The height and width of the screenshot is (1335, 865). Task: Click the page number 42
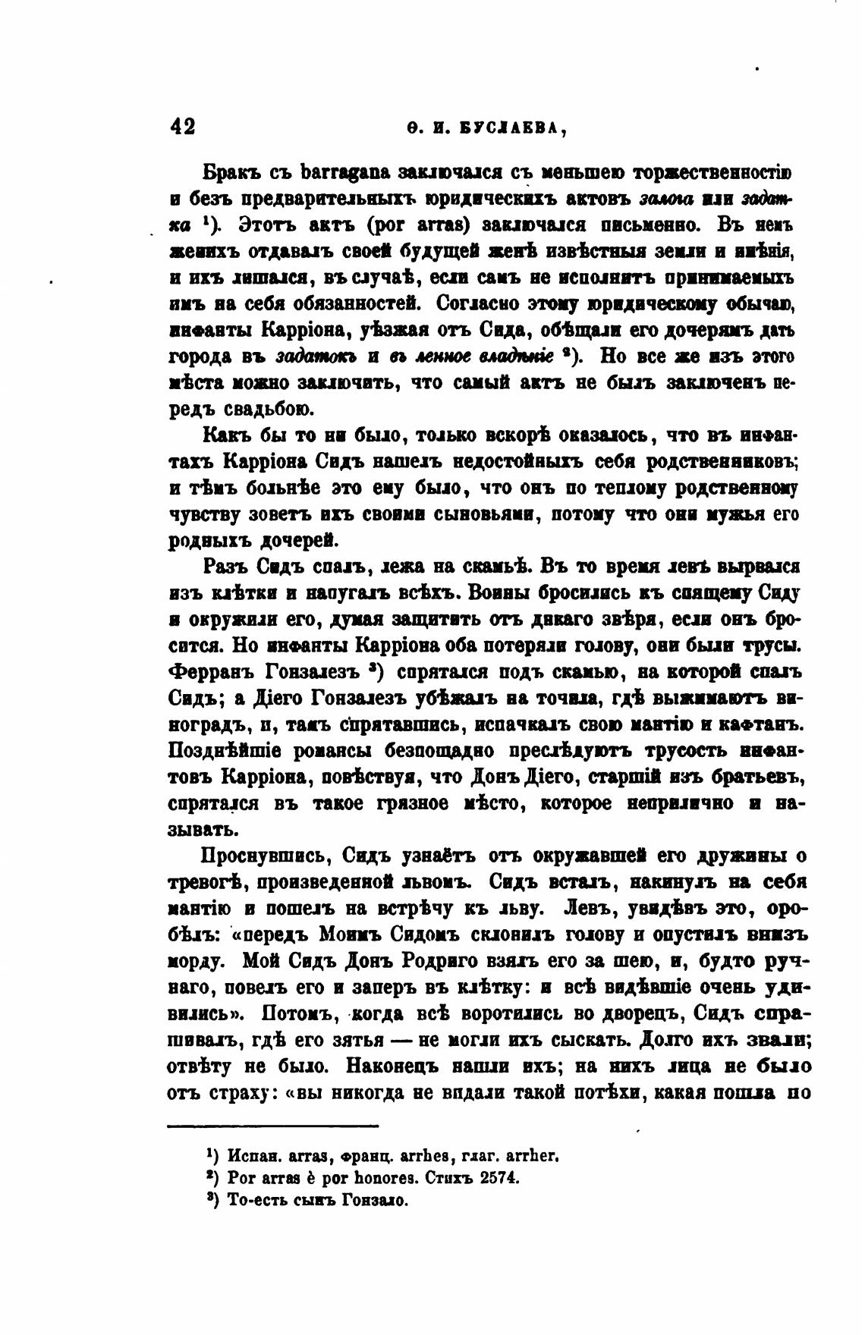[x=182, y=126]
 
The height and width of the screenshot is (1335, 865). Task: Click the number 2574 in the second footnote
[x=496, y=1179]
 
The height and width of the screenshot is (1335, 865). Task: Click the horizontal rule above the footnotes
[x=273, y=1126]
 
